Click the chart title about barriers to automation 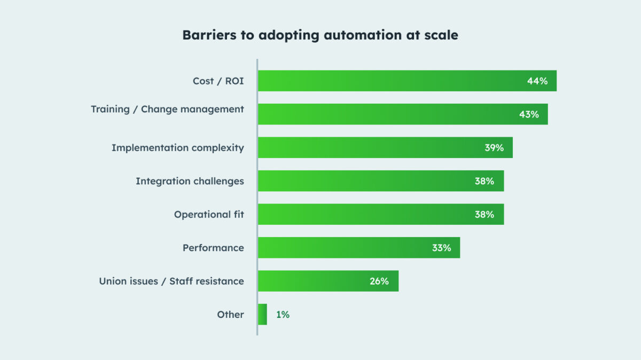coord(320,35)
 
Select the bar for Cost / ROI coord(390,81)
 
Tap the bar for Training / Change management coord(385,114)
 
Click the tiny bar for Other coord(262,315)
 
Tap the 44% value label coord(537,81)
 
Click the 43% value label coord(529,114)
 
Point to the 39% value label coord(494,148)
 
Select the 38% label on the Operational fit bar coord(484,215)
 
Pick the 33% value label coord(441,248)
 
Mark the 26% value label coord(379,281)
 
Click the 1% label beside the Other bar coord(283,315)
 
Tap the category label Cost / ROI coord(218,81)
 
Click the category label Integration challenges coord(190,181)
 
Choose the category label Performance coord(213,248)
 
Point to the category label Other coord(230,315)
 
